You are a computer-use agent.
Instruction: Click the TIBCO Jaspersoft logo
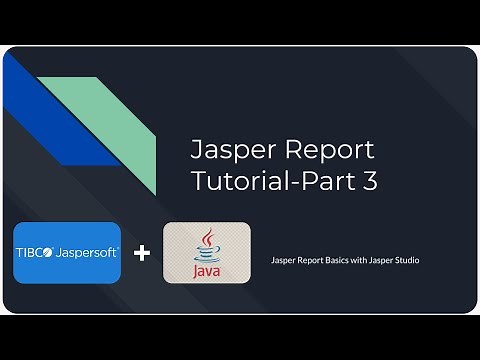pos(68,253)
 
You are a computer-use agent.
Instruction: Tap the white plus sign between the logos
pos(142,253)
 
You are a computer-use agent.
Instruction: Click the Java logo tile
pos(207,253)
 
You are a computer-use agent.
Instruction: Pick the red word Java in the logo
pos(208,271)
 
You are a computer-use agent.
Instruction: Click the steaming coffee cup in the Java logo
pos(208,246)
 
